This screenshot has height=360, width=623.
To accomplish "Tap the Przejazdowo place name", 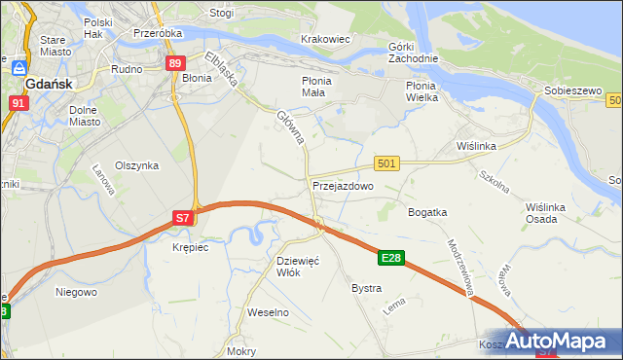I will pyautogui.click(x=343, y=185).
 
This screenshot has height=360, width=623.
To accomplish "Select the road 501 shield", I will pyautogui.click(x=386, y=164).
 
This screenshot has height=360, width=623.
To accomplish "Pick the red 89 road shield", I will pyautogui.click(x=174, y=63).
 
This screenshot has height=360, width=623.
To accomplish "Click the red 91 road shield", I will pyautogui.click(x=19, y=101).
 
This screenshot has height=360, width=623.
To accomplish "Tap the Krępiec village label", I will pyautogui.click(x=190, y=248).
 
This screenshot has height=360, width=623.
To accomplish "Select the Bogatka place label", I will pyautogui.click(x=427, y=211).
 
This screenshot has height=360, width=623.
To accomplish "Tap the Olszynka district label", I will pyautogui.click(x=136, y=165).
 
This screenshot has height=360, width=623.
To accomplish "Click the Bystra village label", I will pyautogui.click(x=366, y=289).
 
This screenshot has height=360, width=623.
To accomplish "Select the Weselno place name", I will pyautogui.click(x=269, y=312).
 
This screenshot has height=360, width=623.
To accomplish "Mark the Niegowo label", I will pyautogui.click(x=76, y=291).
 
